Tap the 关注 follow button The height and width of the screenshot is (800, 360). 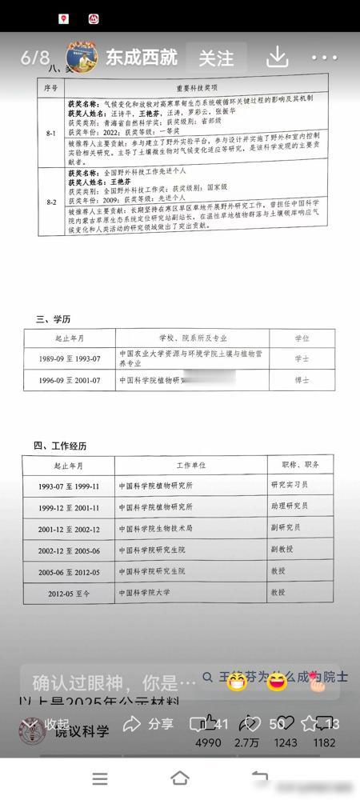[x=216, y=58]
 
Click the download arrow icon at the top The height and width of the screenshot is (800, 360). [x=277, y=56]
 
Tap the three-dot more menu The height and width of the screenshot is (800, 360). [x=325, y=58]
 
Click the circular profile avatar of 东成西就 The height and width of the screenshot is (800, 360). [x=82, y=57]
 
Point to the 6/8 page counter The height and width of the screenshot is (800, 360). [x=35, y=58]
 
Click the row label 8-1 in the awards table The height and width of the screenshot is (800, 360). [x=50, y=133]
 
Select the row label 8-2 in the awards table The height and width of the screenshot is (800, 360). [x=50, y=202]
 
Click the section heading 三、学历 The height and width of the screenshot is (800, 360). [x=53, y=320]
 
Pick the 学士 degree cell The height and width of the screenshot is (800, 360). [x=302, y=358]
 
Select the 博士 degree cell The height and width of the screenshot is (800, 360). [x=302, y=381]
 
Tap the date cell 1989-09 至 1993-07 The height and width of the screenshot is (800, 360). [x=70, y=358]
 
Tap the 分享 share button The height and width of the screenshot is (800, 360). [x=148, y=724]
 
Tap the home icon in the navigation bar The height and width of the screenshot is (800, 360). [x=180, y=778]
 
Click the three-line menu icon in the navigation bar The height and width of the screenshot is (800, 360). [x=100, y=778]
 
